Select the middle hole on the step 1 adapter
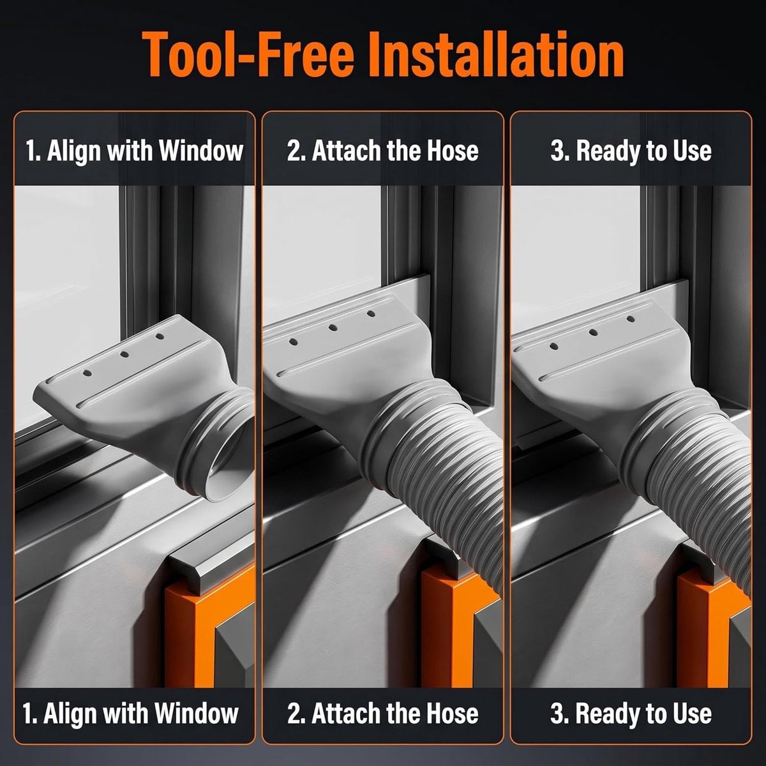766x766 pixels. (124, 354)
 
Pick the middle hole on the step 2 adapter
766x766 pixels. (333, 327)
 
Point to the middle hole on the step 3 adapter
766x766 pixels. (593, 333)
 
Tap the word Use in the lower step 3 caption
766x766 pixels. (692, 714)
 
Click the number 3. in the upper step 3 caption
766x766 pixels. (560, 151)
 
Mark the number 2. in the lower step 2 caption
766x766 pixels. (296, 714)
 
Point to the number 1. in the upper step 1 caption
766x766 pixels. (33, 151)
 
